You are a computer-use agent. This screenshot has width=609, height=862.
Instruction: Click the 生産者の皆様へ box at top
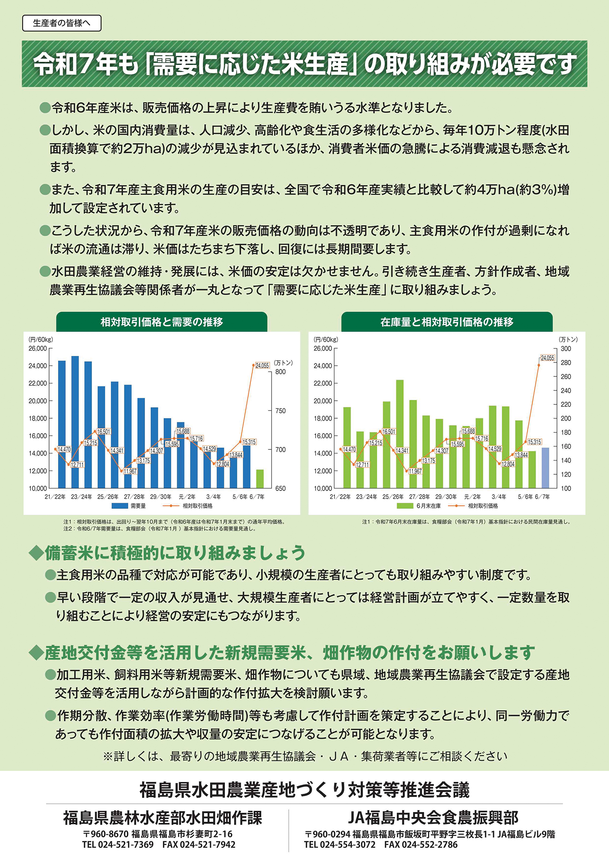click(62, 23)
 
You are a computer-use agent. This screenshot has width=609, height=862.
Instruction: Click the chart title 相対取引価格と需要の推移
click(162, 322)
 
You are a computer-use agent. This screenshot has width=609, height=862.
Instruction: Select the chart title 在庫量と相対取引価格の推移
click(447, 322)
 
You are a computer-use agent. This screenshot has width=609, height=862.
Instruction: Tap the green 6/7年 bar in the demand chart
click(260, 479)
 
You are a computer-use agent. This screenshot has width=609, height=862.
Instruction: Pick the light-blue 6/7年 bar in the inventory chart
click(545, 468)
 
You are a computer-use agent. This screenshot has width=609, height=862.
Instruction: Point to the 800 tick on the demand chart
click(281, 371)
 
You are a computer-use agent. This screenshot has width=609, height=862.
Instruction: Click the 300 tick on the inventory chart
click(566, 349)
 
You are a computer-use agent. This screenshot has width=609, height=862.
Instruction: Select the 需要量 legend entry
click(129, 506)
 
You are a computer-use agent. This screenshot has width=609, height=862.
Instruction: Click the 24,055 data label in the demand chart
click(262, 365)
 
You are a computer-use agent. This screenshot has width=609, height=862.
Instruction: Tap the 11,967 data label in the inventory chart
click(415, 471)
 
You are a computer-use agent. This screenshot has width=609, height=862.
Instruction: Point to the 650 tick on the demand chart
click(281, 489)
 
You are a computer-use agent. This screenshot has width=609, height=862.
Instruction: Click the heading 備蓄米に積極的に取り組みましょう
click(175, 553)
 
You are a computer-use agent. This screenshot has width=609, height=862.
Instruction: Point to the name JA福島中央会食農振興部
click(433, 818)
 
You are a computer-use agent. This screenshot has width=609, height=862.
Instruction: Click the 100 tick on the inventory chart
click(566, 489)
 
